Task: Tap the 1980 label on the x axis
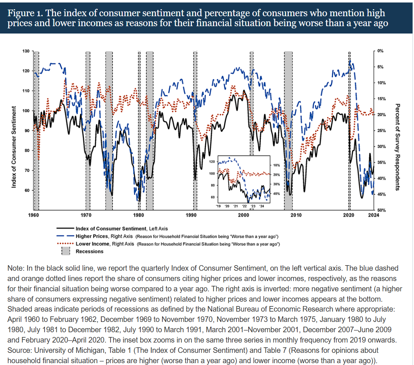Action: point(138,215)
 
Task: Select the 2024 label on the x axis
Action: point(373,215)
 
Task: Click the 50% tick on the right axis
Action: point(381,210)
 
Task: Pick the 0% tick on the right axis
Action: point(380,51)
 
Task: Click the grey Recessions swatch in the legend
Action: point(66,251)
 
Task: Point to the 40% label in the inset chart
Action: point(277,193)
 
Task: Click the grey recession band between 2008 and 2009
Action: point(288,129)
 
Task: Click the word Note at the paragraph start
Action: point(15,269)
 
